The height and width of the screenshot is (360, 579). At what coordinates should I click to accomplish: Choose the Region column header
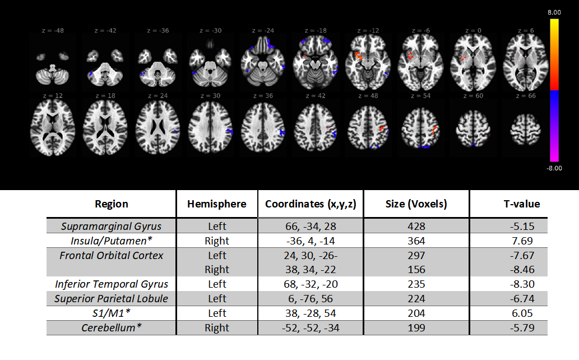[111, 204]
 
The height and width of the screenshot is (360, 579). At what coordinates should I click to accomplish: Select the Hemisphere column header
[216, 204]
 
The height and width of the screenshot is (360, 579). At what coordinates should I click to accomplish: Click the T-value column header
[521, 204]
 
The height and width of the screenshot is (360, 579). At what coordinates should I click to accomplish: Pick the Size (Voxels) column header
[416, 204]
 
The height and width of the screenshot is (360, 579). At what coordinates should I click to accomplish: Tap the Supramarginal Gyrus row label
[111, 227]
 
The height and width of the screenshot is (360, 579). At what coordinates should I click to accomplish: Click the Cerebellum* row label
[111, 327]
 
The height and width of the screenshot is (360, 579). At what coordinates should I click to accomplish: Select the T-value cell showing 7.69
[521, 241]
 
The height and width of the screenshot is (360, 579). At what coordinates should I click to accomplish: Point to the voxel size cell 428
[416, 227]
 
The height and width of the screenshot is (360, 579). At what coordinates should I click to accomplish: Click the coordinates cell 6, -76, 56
[310, 298]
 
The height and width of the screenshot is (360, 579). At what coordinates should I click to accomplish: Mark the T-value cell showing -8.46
[521, 270]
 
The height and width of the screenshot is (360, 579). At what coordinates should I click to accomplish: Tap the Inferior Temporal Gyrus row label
[111, 284]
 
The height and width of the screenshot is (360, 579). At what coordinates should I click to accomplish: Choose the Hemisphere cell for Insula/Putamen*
[216, 241]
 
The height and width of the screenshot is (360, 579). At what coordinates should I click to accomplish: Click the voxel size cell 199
[416, 327]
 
